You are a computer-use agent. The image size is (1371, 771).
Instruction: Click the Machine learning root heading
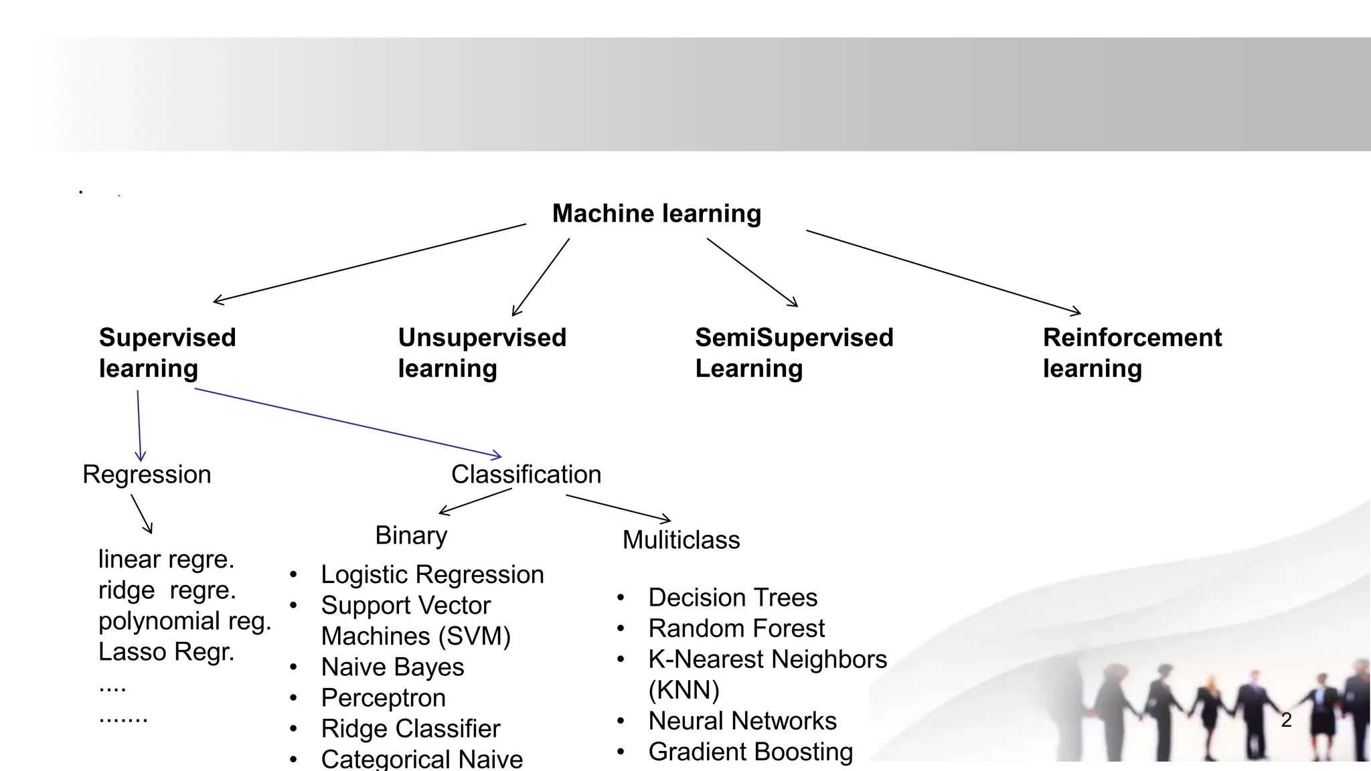pos(656,213)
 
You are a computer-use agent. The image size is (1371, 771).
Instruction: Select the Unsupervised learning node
pos(481,353)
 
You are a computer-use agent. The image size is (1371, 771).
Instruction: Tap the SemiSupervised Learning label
pos(793,353)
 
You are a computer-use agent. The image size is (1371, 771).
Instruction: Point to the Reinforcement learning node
pos(1131,353)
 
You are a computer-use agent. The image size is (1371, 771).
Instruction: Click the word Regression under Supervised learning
pos(147,475)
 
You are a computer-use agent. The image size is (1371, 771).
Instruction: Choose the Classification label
pos(526,475)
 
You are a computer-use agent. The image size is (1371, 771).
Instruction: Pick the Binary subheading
pos(411,535)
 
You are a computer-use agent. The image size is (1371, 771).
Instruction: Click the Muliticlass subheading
pos(681,540)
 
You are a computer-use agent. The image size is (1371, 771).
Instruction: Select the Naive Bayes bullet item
pos(392,667)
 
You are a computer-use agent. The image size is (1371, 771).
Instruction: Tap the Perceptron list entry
pos(383,698)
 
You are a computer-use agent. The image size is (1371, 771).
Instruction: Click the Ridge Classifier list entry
pos(410,729)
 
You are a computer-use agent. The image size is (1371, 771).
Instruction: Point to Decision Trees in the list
pos(732,598)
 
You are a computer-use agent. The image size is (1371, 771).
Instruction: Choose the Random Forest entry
pos(736,628)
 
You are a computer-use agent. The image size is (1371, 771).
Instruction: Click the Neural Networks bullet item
pos(742,721)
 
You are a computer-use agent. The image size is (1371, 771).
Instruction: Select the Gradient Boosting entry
pos(750,752)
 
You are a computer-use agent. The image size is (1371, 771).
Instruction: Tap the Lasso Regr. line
pos(166,652)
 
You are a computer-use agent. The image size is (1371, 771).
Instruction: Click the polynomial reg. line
pos(185,621)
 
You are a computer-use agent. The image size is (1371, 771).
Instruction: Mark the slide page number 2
pos(1286,720)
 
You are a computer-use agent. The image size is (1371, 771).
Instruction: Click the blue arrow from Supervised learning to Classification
pos(348,423)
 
